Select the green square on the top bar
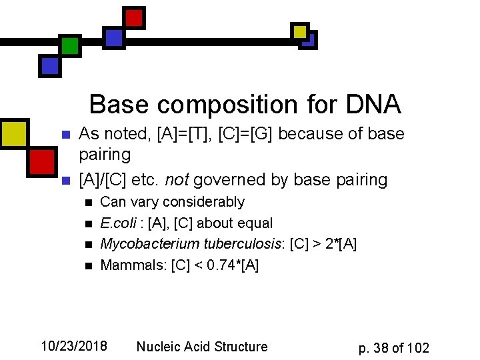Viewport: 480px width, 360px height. (69, 45)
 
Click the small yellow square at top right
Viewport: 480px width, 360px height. (300, 31)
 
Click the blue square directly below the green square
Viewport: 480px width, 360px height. (50, 65)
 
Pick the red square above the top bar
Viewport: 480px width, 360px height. (135, 17)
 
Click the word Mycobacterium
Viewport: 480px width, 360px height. (141, 244)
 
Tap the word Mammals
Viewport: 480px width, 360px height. (131, 265)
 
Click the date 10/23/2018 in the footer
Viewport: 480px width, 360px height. (74, 346)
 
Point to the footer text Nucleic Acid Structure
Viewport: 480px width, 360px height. (201, 347)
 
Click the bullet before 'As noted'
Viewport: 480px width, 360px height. (65, 135)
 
